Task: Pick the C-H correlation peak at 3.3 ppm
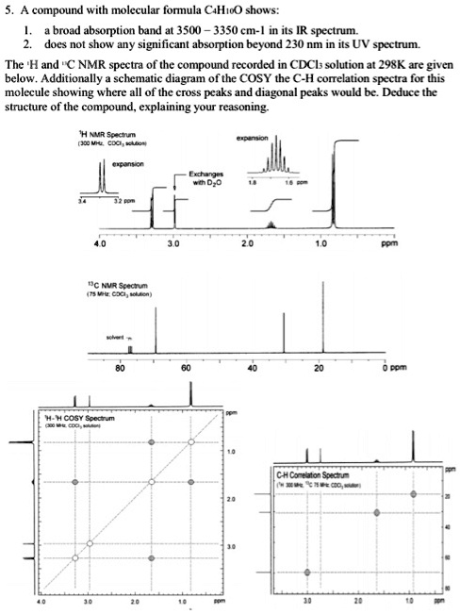(x=307, y=573)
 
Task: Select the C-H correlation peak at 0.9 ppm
(x=416, y=493)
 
